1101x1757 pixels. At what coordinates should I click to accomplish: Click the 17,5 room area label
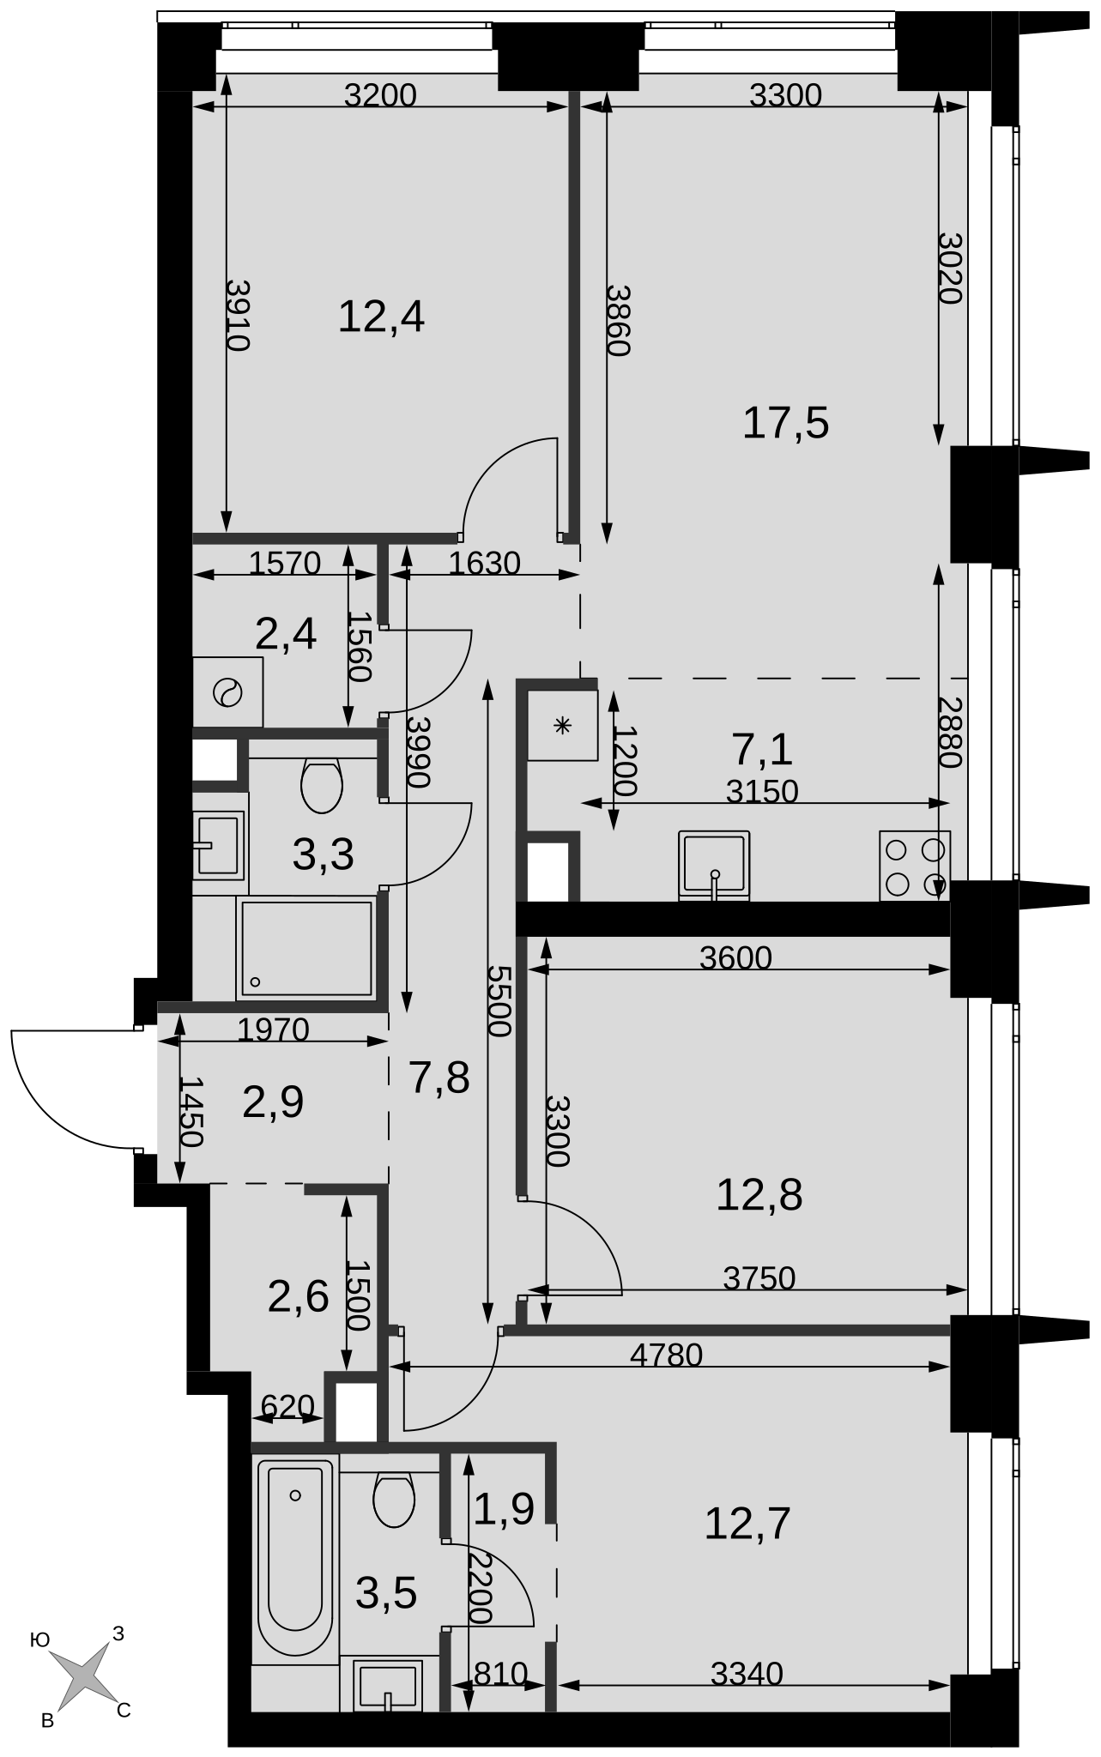click(x=785, y=424)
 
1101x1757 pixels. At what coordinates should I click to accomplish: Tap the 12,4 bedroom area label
click(x=381, y=317)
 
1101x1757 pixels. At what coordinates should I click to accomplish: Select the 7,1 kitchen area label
click(x=762, y=750)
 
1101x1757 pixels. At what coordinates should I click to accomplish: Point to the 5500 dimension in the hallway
click(x=499, y=1001)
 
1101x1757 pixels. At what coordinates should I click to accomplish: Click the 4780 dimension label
click(x=666, y=1355)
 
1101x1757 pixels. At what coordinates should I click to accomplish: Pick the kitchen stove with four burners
click(x=915, y=866)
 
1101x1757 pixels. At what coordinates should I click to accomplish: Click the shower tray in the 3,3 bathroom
click(x=306, y=948)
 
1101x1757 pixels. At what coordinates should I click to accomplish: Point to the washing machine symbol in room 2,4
click(x=228, y=691)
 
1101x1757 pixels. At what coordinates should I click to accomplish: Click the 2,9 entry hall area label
click(x=273, y=1102)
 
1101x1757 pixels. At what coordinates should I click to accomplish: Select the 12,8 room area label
click(x=759, y=1194)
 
